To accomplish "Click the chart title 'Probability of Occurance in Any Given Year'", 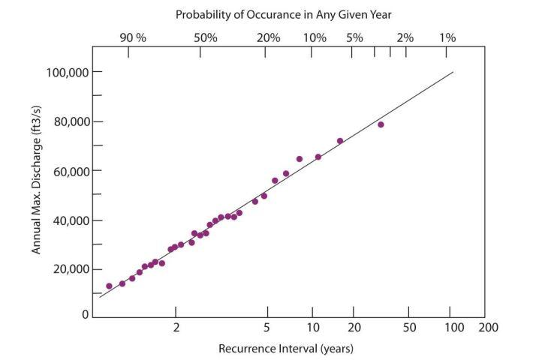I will (x=283, y=14).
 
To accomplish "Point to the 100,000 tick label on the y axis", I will (x=59, y=72).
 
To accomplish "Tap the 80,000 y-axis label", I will (x=62, y=121).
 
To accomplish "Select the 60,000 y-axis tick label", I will (x=62, y=171).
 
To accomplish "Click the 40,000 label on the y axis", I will (x=62, y=220).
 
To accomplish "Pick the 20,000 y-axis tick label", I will (x=62, y=269).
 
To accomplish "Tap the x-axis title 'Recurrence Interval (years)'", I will (x=285, y=349).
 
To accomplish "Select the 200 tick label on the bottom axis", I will (x=489, y=328).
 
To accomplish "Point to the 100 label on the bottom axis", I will (x=453, y=328).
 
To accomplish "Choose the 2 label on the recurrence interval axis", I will (x=176, y=328).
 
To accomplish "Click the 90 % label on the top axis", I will (x=135, y=37).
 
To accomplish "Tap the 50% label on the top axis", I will (x=206, y=37).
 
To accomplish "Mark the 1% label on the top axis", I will (x=447, y=37).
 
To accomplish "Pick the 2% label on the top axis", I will (x=405, y=37).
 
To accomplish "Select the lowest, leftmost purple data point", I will (x=109, y=286).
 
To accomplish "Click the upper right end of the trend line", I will (x=453, y=72).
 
